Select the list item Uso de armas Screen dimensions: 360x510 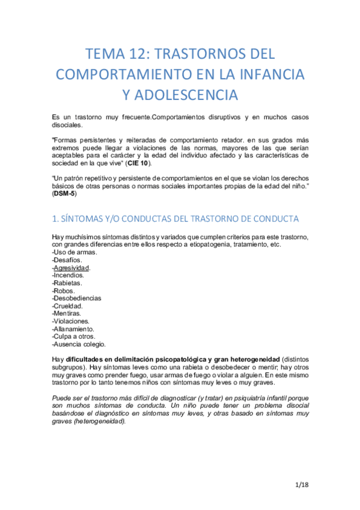point(75,252)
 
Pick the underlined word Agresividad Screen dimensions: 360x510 point(72,268)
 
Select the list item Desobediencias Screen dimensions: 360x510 point(77,298)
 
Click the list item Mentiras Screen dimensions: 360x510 point(68,314)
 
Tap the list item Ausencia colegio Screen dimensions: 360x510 point(79,345)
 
